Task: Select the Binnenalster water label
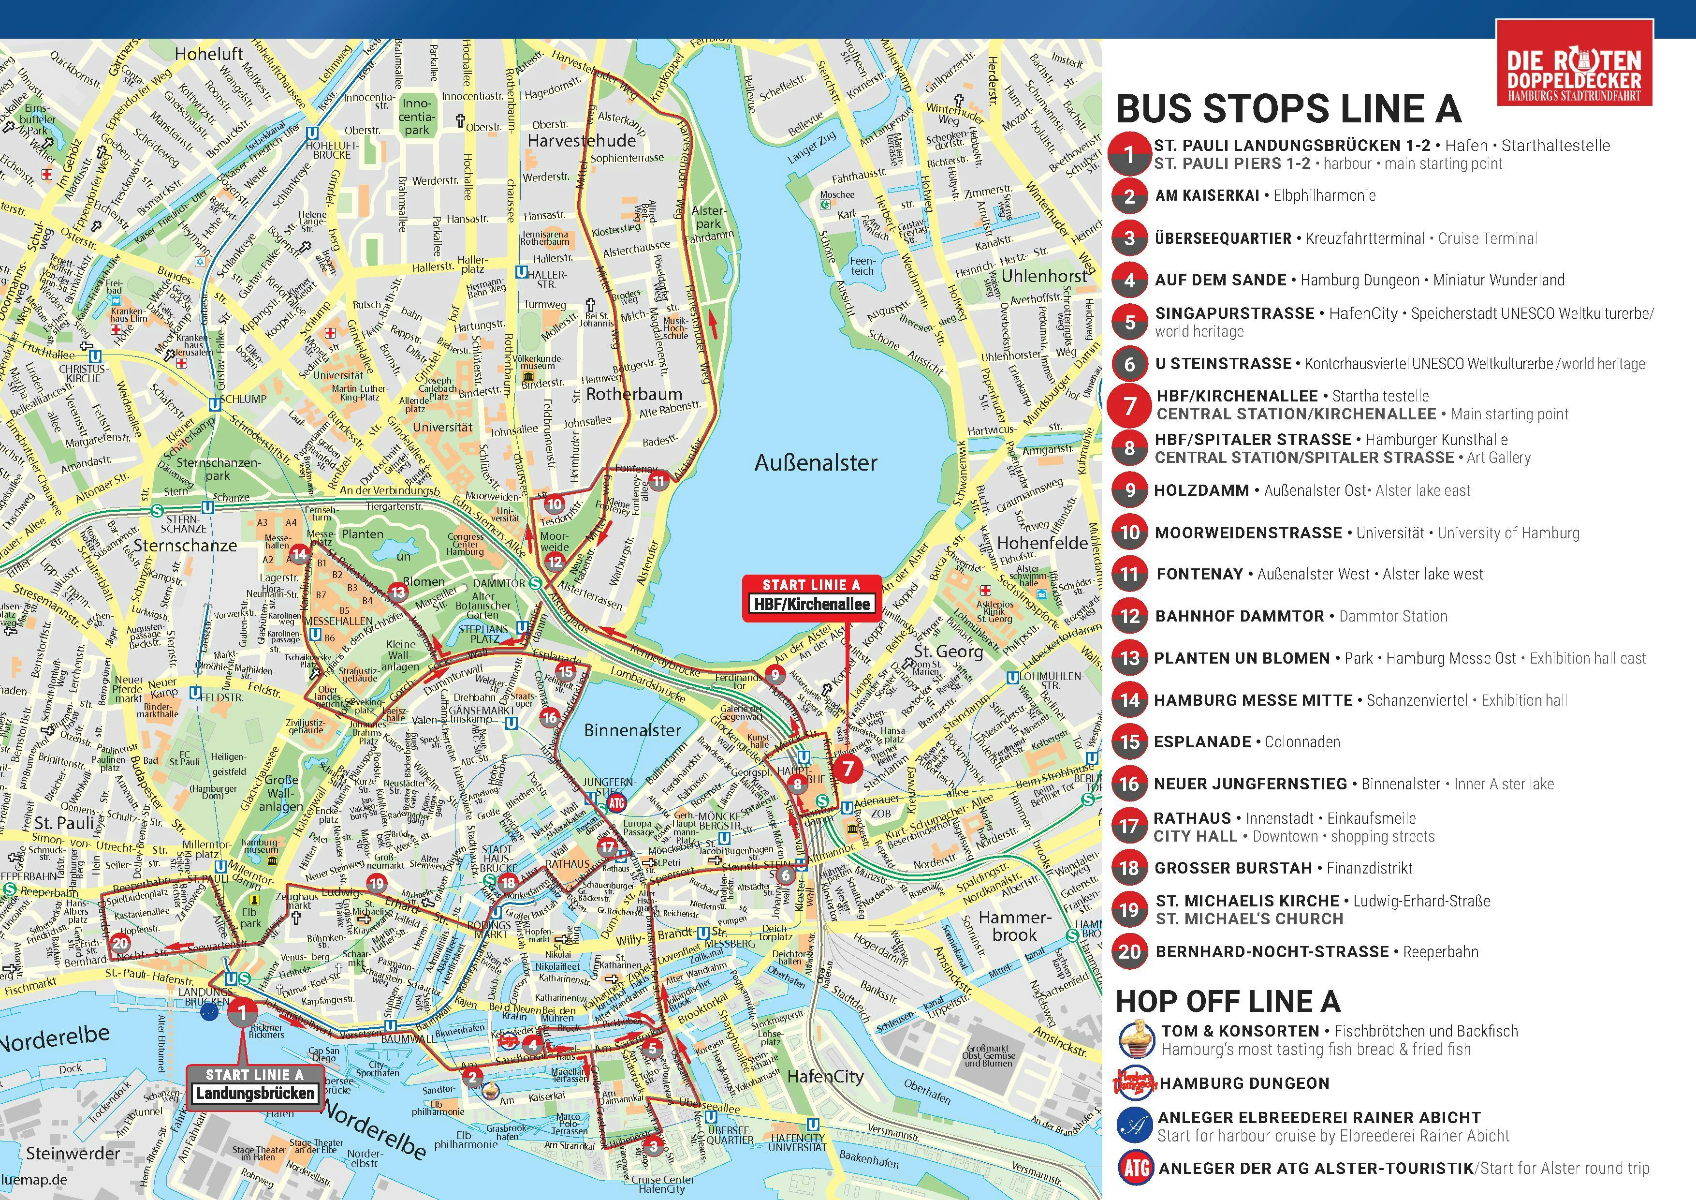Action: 632,730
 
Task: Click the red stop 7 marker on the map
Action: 848,769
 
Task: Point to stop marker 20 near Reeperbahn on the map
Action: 120,943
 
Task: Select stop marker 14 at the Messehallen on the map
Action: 299,553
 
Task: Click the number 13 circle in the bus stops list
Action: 1129,658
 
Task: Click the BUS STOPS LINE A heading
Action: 1287,109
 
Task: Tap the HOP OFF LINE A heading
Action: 1227,1001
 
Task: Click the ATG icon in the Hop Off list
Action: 1135,1168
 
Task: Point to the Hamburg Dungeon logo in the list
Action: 1135,1083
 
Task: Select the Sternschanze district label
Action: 185,545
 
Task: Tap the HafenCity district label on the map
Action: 825,1077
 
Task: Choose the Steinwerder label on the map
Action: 73,1153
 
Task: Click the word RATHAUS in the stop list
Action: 1192,818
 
